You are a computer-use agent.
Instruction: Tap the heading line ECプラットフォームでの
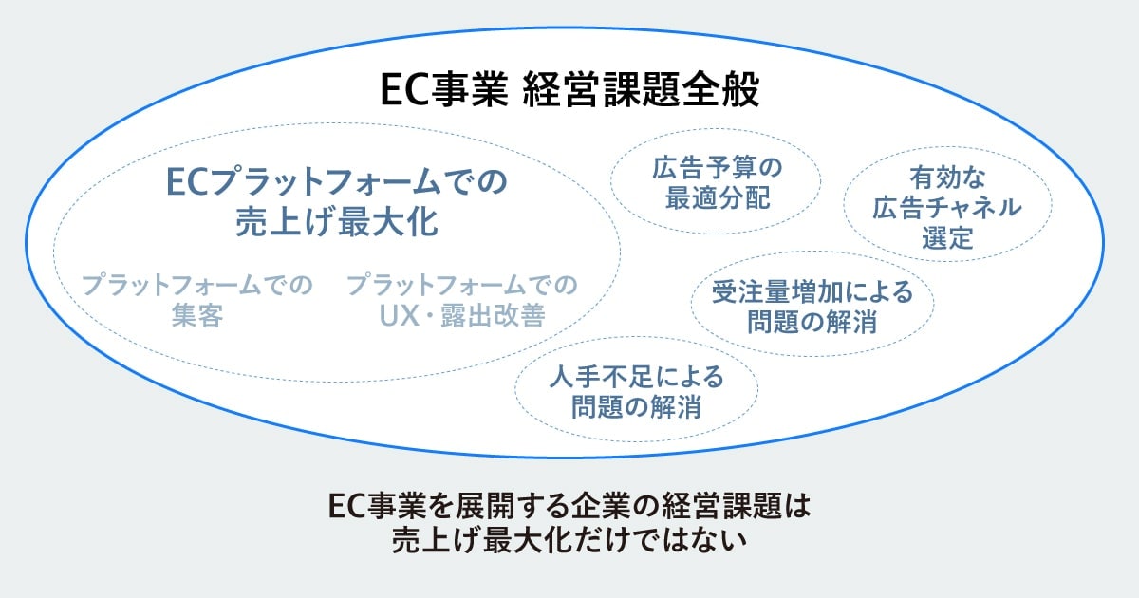pyautogui.click(x=336, y=180)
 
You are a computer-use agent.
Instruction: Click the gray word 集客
pyautogui.click(x=197, y=316)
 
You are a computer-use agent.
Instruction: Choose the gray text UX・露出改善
pyautogui.click(x=460, y=316)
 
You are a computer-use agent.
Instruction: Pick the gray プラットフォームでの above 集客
pyautogui.click(x=197, y=285)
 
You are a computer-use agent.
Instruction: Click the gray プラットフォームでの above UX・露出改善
pyautogui.click(x=461, y=285)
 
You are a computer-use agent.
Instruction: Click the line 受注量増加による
pyautogui.click(x=812, y=291)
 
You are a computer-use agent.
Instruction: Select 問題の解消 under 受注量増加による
pyautogui.click(x=812, y=322)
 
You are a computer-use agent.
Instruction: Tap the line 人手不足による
pyautogui.click(x=636, y=378)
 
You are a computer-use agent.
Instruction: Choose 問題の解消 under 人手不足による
pyautogui.click(x=636, y=408)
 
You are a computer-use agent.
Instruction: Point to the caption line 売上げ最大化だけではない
pyautogui.click(x=569, y=540)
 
